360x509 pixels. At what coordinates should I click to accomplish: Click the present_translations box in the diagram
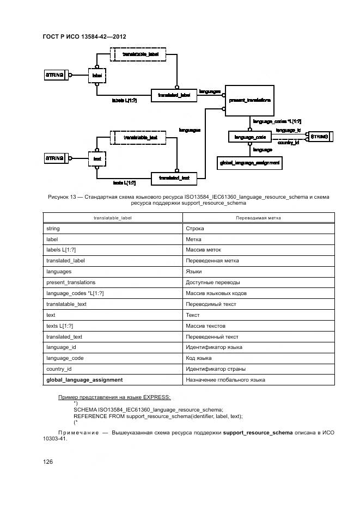(x=249, y=100)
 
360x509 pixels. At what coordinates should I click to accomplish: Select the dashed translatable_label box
(x=140, y=55)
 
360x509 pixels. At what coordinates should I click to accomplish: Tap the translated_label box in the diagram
(x=174, y=95)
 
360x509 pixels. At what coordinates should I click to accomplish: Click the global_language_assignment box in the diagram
(x=249, y=162)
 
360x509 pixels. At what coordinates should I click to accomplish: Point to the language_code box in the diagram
(x=249, y=137)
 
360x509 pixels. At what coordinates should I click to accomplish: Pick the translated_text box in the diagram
(x=174, y=178)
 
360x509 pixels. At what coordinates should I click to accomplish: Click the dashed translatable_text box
(x=140, y=138)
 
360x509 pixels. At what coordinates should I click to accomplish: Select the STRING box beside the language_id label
(x=320, y=137)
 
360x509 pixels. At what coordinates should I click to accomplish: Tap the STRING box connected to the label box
(x=55, y=75)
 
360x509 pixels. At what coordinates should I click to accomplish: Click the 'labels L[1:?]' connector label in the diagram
(x=124, y=101)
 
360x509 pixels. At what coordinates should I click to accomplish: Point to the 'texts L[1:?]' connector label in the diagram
(x=124, y=183)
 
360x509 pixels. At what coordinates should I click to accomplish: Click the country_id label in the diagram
(x=288, y=143)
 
